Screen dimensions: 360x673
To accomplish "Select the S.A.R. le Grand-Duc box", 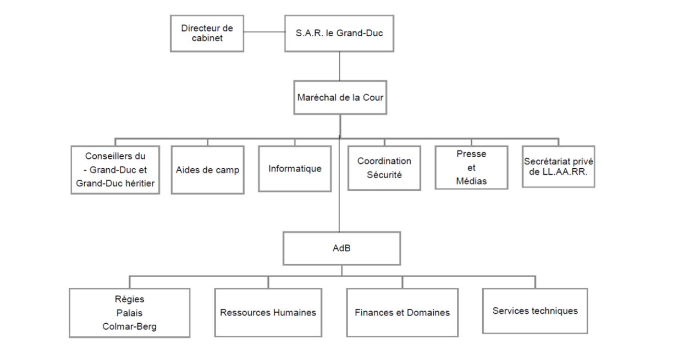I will pyautogui.click(x=339, y=33).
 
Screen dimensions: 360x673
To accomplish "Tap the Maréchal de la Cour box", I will pyautogui.click(x=339, y=97).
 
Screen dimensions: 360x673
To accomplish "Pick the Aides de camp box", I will pyautogui.click(x=207, y=170).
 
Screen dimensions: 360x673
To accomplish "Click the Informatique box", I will pyautogui.click(x=295, y=168).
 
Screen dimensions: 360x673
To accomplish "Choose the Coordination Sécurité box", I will pyautogui.click(x=384, y=168).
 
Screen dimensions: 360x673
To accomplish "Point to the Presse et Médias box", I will pyautogui.click(x=471, y=167).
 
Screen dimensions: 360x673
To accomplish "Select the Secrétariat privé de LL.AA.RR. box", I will pyautogui.click(x=558, y=167).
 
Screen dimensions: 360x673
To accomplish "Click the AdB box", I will pyautogui.click(x=341, y=248).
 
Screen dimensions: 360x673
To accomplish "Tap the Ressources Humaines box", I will pyautogui.click(x=268, y=312).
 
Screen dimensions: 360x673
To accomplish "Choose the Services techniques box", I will pyautogui.click(x=535, y=311).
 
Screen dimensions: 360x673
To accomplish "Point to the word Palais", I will pyautogui.click(x=130, y=313).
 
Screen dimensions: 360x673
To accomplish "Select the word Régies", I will pyautogui.click(x=130, y=300).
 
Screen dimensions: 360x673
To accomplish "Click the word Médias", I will pyautogui.click(x=471, y=181).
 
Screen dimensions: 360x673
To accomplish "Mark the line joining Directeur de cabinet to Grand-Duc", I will pyautogui.click(x=264, y=32).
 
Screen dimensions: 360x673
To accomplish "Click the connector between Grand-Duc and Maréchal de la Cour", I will pyautogui.click(x=339, y=66).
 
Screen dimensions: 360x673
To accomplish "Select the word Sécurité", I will pyautogui.click(x=384, y=175).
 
